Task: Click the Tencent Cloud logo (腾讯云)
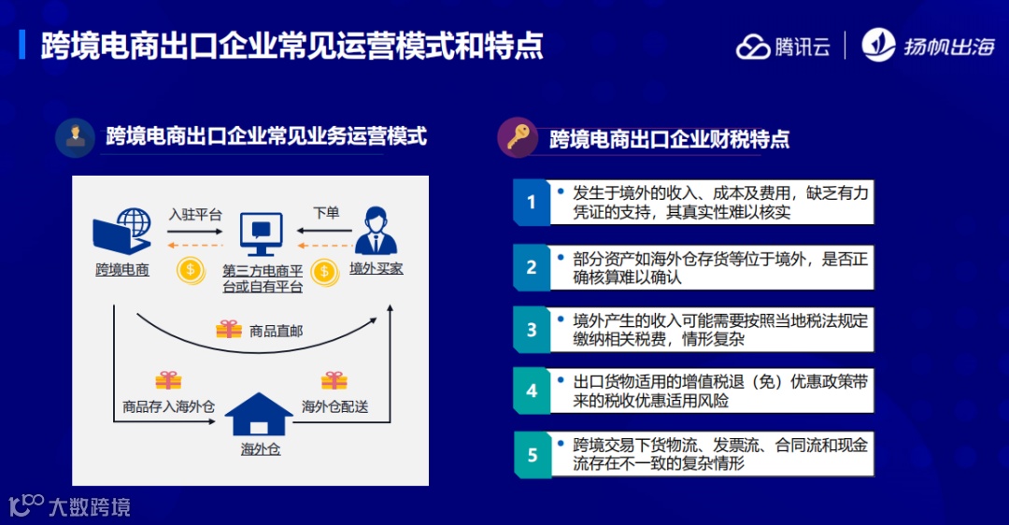(x=783, y=46)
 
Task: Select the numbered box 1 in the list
(x=532, y=203)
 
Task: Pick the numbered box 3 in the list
(x=532, y=330)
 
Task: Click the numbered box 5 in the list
(x=532, y=455)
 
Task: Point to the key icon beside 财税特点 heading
(x=518, y=138)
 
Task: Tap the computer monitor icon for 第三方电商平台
(x=262, y=233)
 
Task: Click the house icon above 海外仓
(x=261, y=414)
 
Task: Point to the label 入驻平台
(x=195, y=213)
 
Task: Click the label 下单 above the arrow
(x=326, y=213)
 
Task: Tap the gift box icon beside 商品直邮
(x=229, y=330)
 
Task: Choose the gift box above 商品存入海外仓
(x=168, y=380)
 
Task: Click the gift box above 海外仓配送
(x=334, y=380)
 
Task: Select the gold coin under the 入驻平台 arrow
(x=191, y=270)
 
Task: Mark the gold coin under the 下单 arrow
(x=324, y=270)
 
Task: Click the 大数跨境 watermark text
(x=89, y=507)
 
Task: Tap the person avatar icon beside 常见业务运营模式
(x=75, y=137)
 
